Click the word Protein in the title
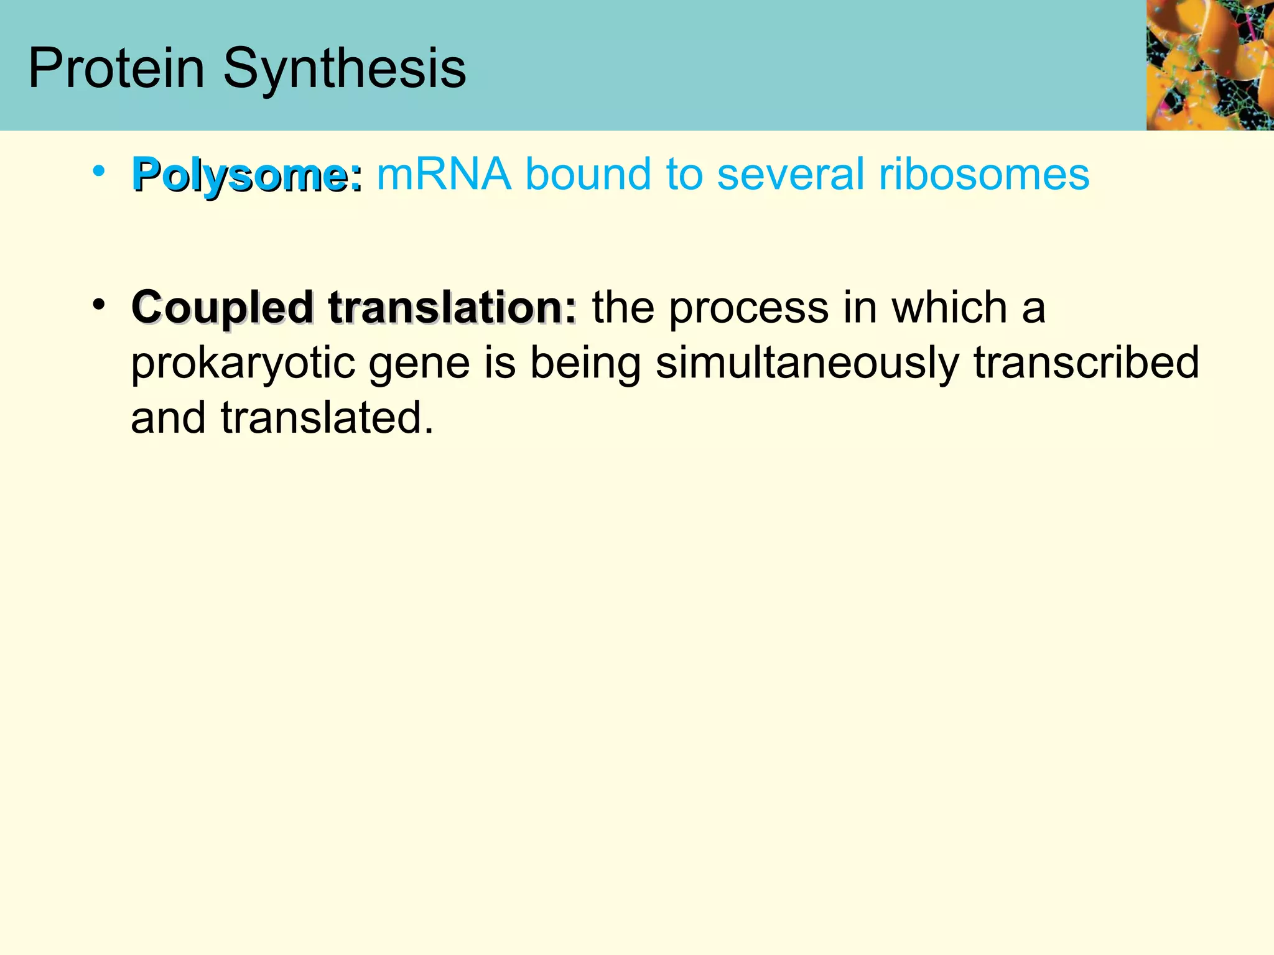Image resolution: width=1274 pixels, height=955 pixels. [x=116, y=68]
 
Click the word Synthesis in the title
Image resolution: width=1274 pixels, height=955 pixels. [x=344, y=70]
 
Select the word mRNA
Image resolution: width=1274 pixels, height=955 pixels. [x=444, y=174]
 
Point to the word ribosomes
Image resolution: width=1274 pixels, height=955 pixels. [x=983, y=174]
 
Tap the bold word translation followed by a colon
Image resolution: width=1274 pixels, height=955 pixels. [x=453, y=307]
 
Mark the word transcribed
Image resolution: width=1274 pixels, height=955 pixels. [x=1086, y=363]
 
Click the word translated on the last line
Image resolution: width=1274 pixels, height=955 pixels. [x=327, y=418]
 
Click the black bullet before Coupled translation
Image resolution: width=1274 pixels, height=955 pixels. [x=98, y=305]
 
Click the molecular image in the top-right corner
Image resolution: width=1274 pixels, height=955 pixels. [x=1209, y=65]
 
